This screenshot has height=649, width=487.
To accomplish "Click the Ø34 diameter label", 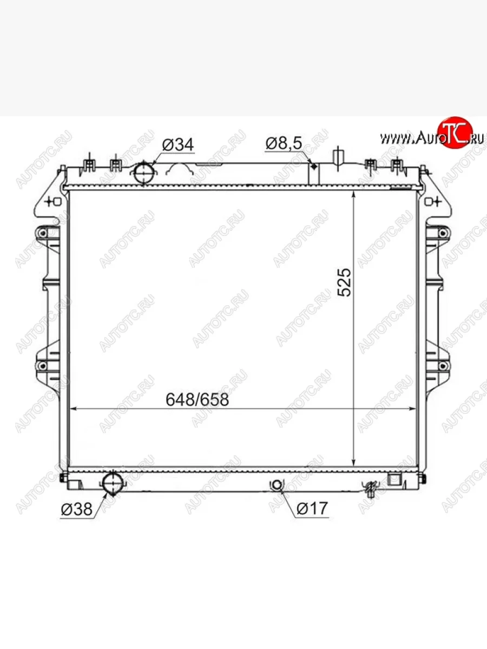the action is tap(178, 145).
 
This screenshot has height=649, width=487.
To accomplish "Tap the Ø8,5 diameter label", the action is tap(284, 143).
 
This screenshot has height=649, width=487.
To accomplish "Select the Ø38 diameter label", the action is tap(77, 509).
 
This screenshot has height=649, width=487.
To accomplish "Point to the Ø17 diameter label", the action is tap(312, 508).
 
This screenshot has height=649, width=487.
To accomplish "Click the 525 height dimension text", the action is tap(344, 282).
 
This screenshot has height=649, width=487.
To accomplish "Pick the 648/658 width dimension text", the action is tap(197, 400).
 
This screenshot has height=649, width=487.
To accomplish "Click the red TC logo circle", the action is tap(455, 132).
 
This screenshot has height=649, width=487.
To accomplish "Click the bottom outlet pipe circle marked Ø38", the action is tap(113, 484).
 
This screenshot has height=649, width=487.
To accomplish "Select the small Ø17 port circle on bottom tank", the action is tap(277, 485).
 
